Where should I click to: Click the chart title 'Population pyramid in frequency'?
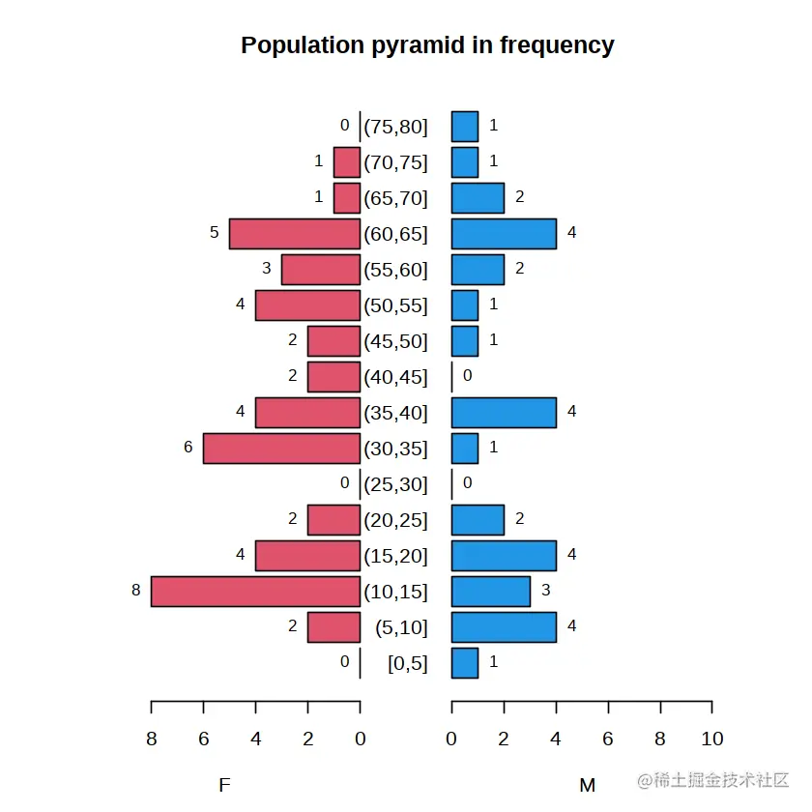(427, 45)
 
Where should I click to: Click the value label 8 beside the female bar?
(136, 590)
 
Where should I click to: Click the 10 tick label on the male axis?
(711, 739)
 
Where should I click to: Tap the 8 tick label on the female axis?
(151, 739)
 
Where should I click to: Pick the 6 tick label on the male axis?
(608, 739)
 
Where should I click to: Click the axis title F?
(224, 785)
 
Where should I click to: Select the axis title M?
(587, 785)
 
